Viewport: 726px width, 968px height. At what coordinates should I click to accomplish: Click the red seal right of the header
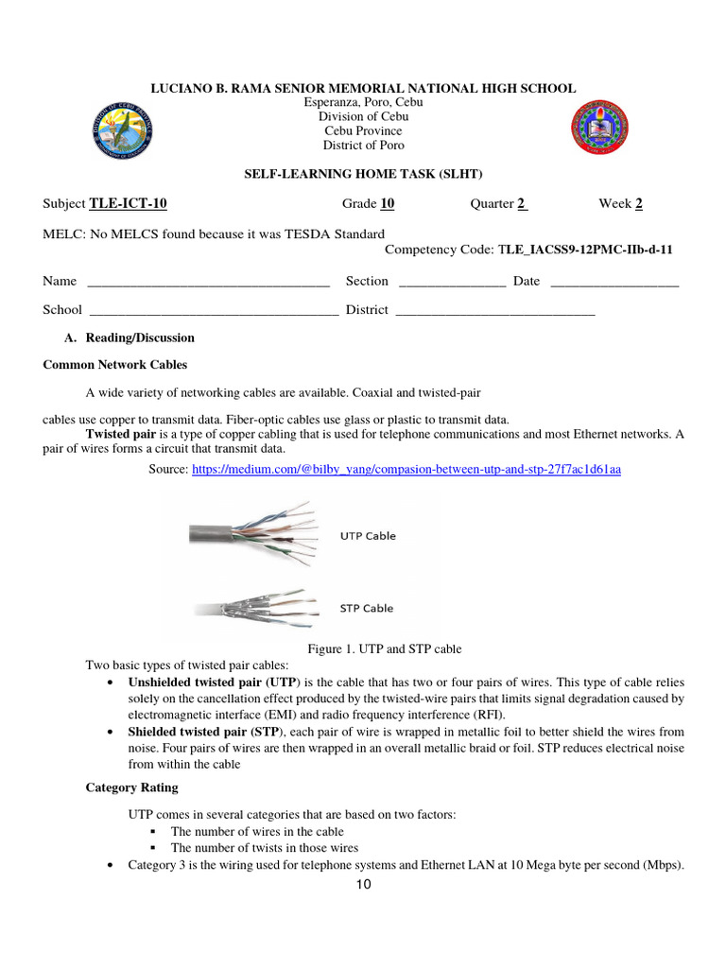coord(600,130)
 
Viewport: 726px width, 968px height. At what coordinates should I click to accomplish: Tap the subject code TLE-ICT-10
coord(129,203)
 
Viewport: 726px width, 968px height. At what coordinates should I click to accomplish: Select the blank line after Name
coord(208,283)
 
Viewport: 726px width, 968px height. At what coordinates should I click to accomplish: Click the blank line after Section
coord(453,283)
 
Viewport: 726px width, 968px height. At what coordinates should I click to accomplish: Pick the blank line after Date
coord(614,283)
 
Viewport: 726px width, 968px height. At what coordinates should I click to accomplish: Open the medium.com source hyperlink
coord(406,469)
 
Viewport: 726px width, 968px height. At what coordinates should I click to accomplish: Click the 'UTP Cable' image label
coord(368,536)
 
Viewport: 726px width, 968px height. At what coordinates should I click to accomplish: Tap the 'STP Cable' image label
coord(367,608)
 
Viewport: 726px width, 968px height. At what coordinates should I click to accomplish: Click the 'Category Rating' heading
coord(131,787)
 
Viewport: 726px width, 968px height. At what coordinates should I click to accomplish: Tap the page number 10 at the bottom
coord(364,886)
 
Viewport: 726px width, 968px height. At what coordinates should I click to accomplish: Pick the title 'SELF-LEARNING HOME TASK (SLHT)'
coord(363,176)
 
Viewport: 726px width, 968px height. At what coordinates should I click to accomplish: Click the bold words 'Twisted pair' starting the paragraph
coord(120,434)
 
